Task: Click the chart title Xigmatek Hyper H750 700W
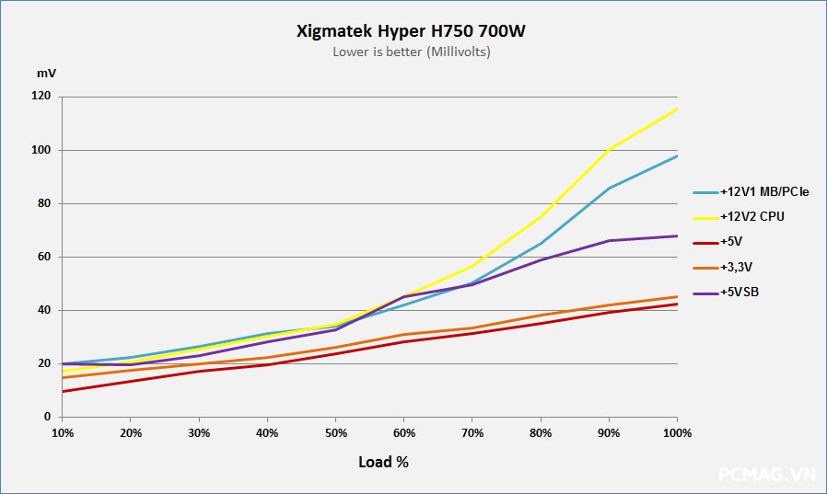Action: point(412,31)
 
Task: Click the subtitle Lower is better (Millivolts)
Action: point(412,52)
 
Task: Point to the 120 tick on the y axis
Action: point(41,97)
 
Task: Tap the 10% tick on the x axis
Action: point(63,431)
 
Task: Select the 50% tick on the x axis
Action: point(335,431)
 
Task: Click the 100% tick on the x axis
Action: point(677,431)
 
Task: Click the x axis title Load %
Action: point(383,462)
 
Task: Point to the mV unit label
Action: point(46,73)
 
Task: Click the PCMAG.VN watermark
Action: point(766,475)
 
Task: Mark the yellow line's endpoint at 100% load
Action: point(678,109)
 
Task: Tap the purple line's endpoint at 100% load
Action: point(678,236)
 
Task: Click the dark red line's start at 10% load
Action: point(63,391)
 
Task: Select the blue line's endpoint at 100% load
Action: point(678,155)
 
